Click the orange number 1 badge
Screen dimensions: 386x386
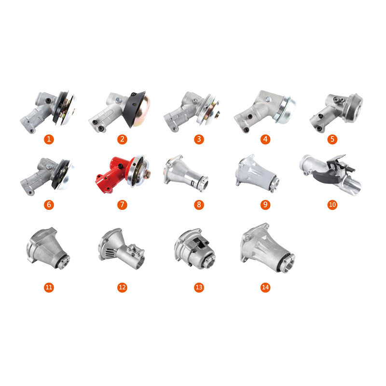tap(49, 139)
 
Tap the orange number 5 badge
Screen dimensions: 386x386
tap(332, 139)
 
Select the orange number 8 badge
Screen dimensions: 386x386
tap(199, 205)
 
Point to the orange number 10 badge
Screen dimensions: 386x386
tap(332, 205)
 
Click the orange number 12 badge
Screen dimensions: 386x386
tap(122, 287)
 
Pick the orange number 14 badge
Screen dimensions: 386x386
tap(265, 287)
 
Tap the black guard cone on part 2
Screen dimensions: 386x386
tap(133, 108)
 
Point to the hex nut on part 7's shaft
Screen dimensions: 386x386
tap(148, 173)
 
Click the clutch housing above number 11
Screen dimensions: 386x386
tap(48, 248)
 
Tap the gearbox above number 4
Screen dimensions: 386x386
tap(265, 111)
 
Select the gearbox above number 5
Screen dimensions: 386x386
tap(336, 113)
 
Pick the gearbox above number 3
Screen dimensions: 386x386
tap(192, 111)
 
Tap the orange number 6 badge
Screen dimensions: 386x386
tap(49, 205)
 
